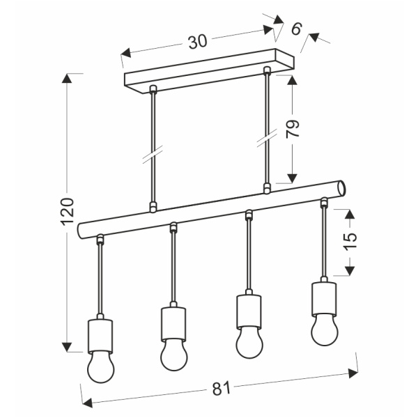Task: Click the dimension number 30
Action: point(197,41)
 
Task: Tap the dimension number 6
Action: point(295,29)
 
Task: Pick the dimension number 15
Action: point(350,239)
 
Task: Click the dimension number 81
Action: point(220,390)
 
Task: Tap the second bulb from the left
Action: point(173,353)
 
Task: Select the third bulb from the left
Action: point(249,341)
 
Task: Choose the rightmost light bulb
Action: point(324,329)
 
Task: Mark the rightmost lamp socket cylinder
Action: point(324,295)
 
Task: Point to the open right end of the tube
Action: point(341,188)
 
